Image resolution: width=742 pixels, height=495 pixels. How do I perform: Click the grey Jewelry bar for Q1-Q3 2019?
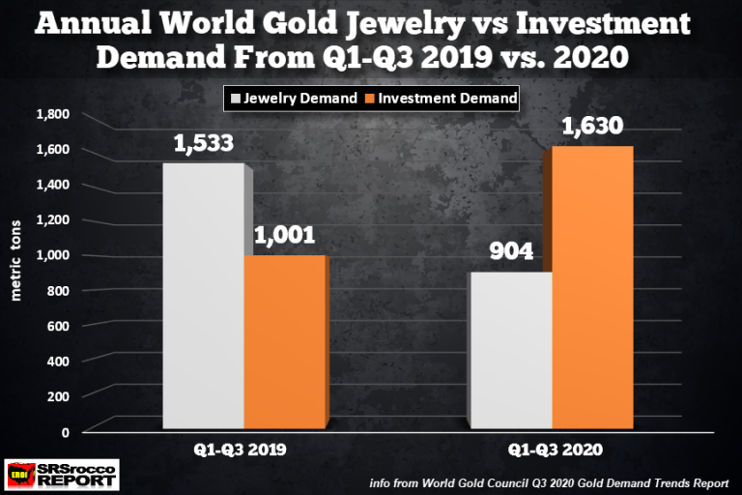pos(202,296)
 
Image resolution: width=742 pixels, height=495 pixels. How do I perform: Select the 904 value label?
pos(509,252)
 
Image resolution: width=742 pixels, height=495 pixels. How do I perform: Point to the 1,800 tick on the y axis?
pos(54,114)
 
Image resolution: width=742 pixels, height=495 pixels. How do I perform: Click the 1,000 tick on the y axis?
pos(54,255)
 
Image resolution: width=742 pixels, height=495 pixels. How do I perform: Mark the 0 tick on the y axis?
pos(66,431)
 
